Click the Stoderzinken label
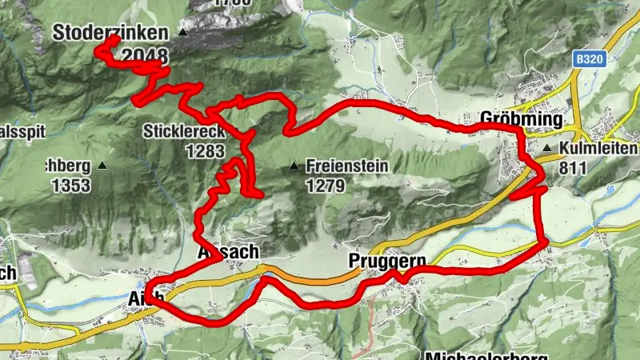tap(110, 33)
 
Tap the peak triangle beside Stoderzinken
tap(183, 33)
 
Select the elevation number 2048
tap(146, 55)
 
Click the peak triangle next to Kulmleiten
tap(546, 149)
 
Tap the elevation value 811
tap(574, 168)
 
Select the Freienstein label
tap(346, 166)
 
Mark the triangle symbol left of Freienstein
tap(294, 166)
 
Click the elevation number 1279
tap(324, 186)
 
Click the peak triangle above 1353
tap(102, 166)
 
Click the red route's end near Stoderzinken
tap(117, 38)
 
